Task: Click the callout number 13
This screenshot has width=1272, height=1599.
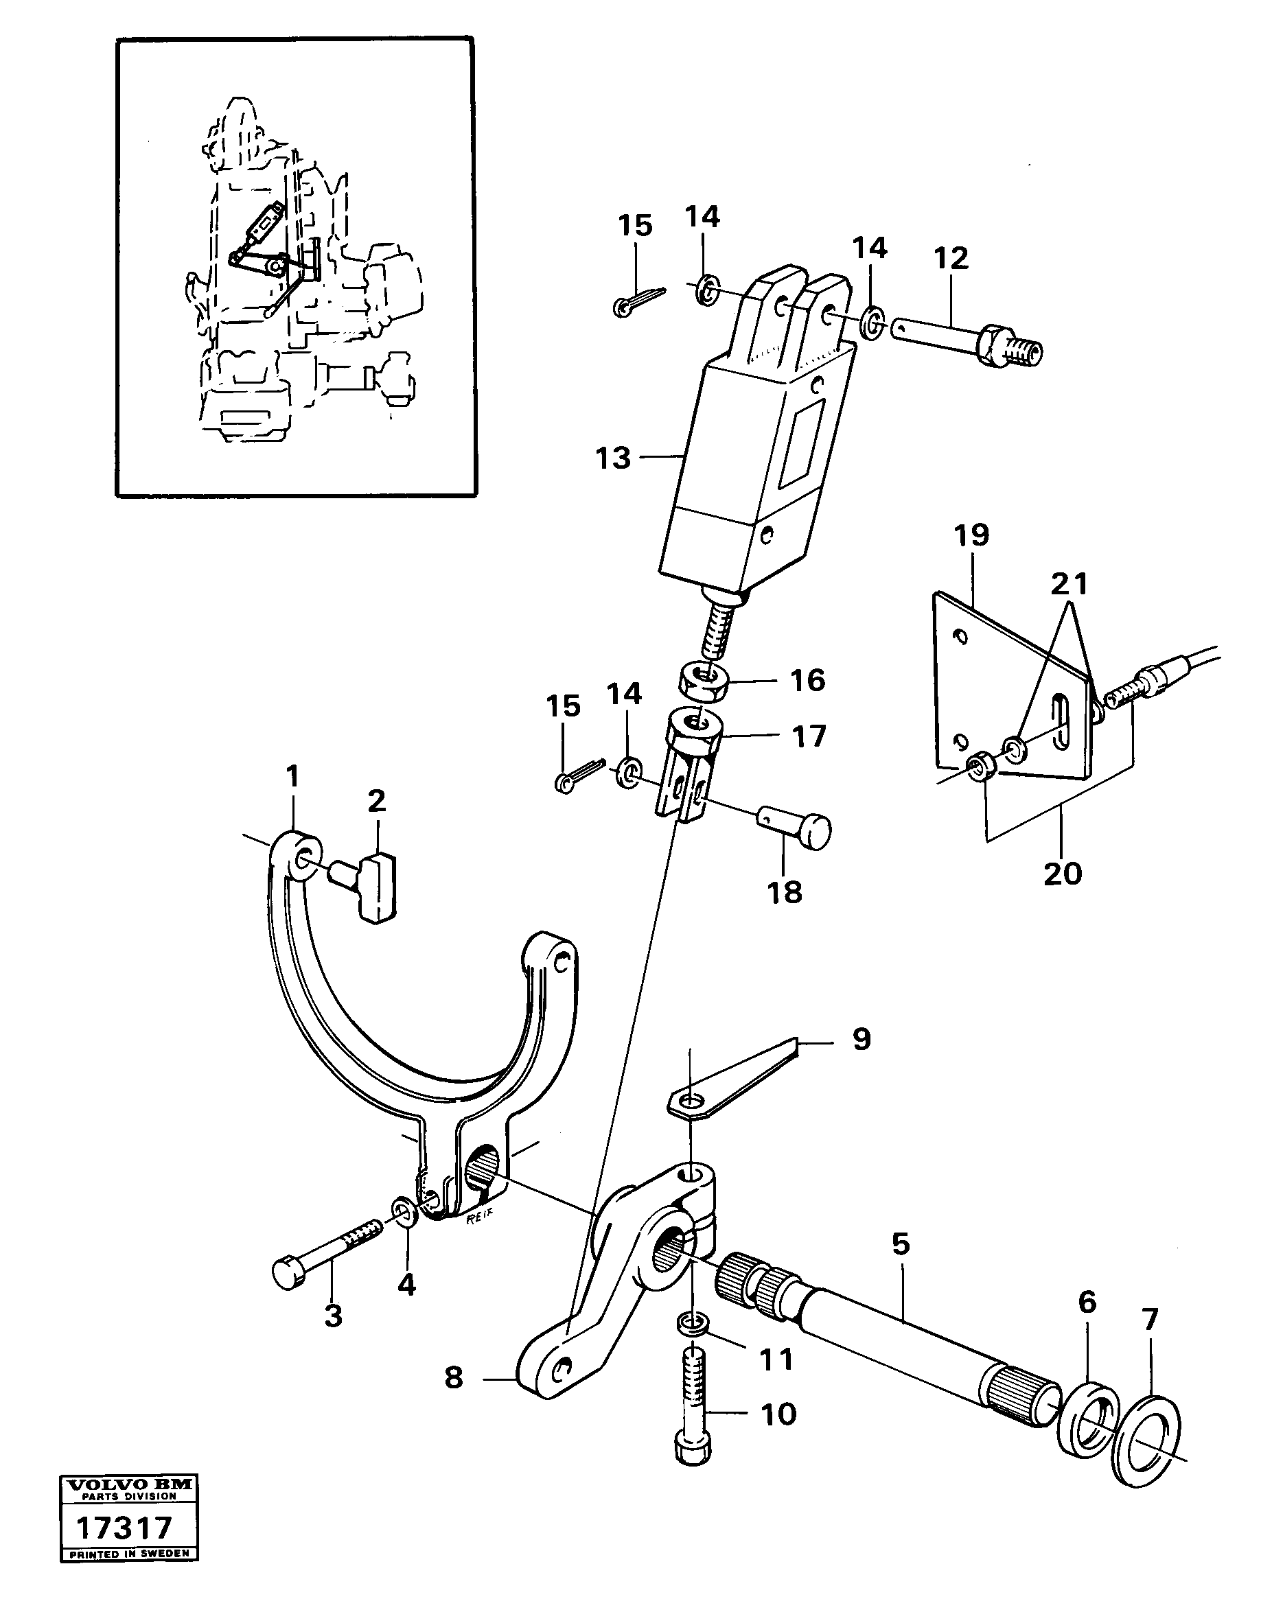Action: tap(612, 458)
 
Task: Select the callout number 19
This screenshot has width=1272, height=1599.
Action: tap(971, 535)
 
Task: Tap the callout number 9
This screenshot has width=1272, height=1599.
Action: tap(861, 1039)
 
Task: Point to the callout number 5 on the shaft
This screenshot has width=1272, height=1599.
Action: tap(901, 1244)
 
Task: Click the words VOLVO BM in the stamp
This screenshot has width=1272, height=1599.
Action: tap(129, 1485)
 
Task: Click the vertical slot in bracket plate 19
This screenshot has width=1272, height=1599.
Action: tap(1063, 719)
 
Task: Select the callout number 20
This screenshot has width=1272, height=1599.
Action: tap(1062, 874)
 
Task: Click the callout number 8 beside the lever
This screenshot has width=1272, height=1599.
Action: tap(453, 1377)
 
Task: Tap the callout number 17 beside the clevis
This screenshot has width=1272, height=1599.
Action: tap(809, 736)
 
